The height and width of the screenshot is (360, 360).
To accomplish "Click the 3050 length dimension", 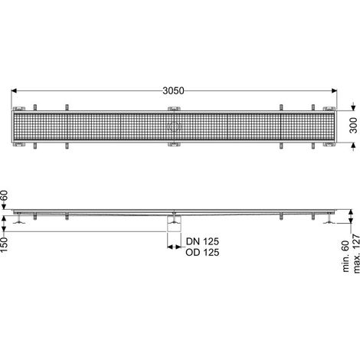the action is pyautogui.click(x=173, y=90).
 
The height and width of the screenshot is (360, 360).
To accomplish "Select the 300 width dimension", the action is pyautogui.click(x=353, y=125).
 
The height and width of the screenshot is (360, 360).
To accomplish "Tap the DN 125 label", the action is pyautogui.click(x=202, y=241).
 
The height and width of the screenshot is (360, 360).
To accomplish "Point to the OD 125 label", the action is pyautogui.click(x=202, y=252).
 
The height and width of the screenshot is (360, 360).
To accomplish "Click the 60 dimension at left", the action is pyautogui.click(x=5, y=196).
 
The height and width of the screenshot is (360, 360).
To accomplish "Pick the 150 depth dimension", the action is pyautogui.click(x=5, y=244).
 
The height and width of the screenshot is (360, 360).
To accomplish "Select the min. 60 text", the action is pyautogui.click(x=345, y=256).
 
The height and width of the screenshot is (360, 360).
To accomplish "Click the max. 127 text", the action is pyautogui.click(x=356, y=254).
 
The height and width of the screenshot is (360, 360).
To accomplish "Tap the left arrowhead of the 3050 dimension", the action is pyautogui.click(x=14, y=90).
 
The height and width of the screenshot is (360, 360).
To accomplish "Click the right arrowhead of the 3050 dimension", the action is pyautogui.click(x=334, y=90).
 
